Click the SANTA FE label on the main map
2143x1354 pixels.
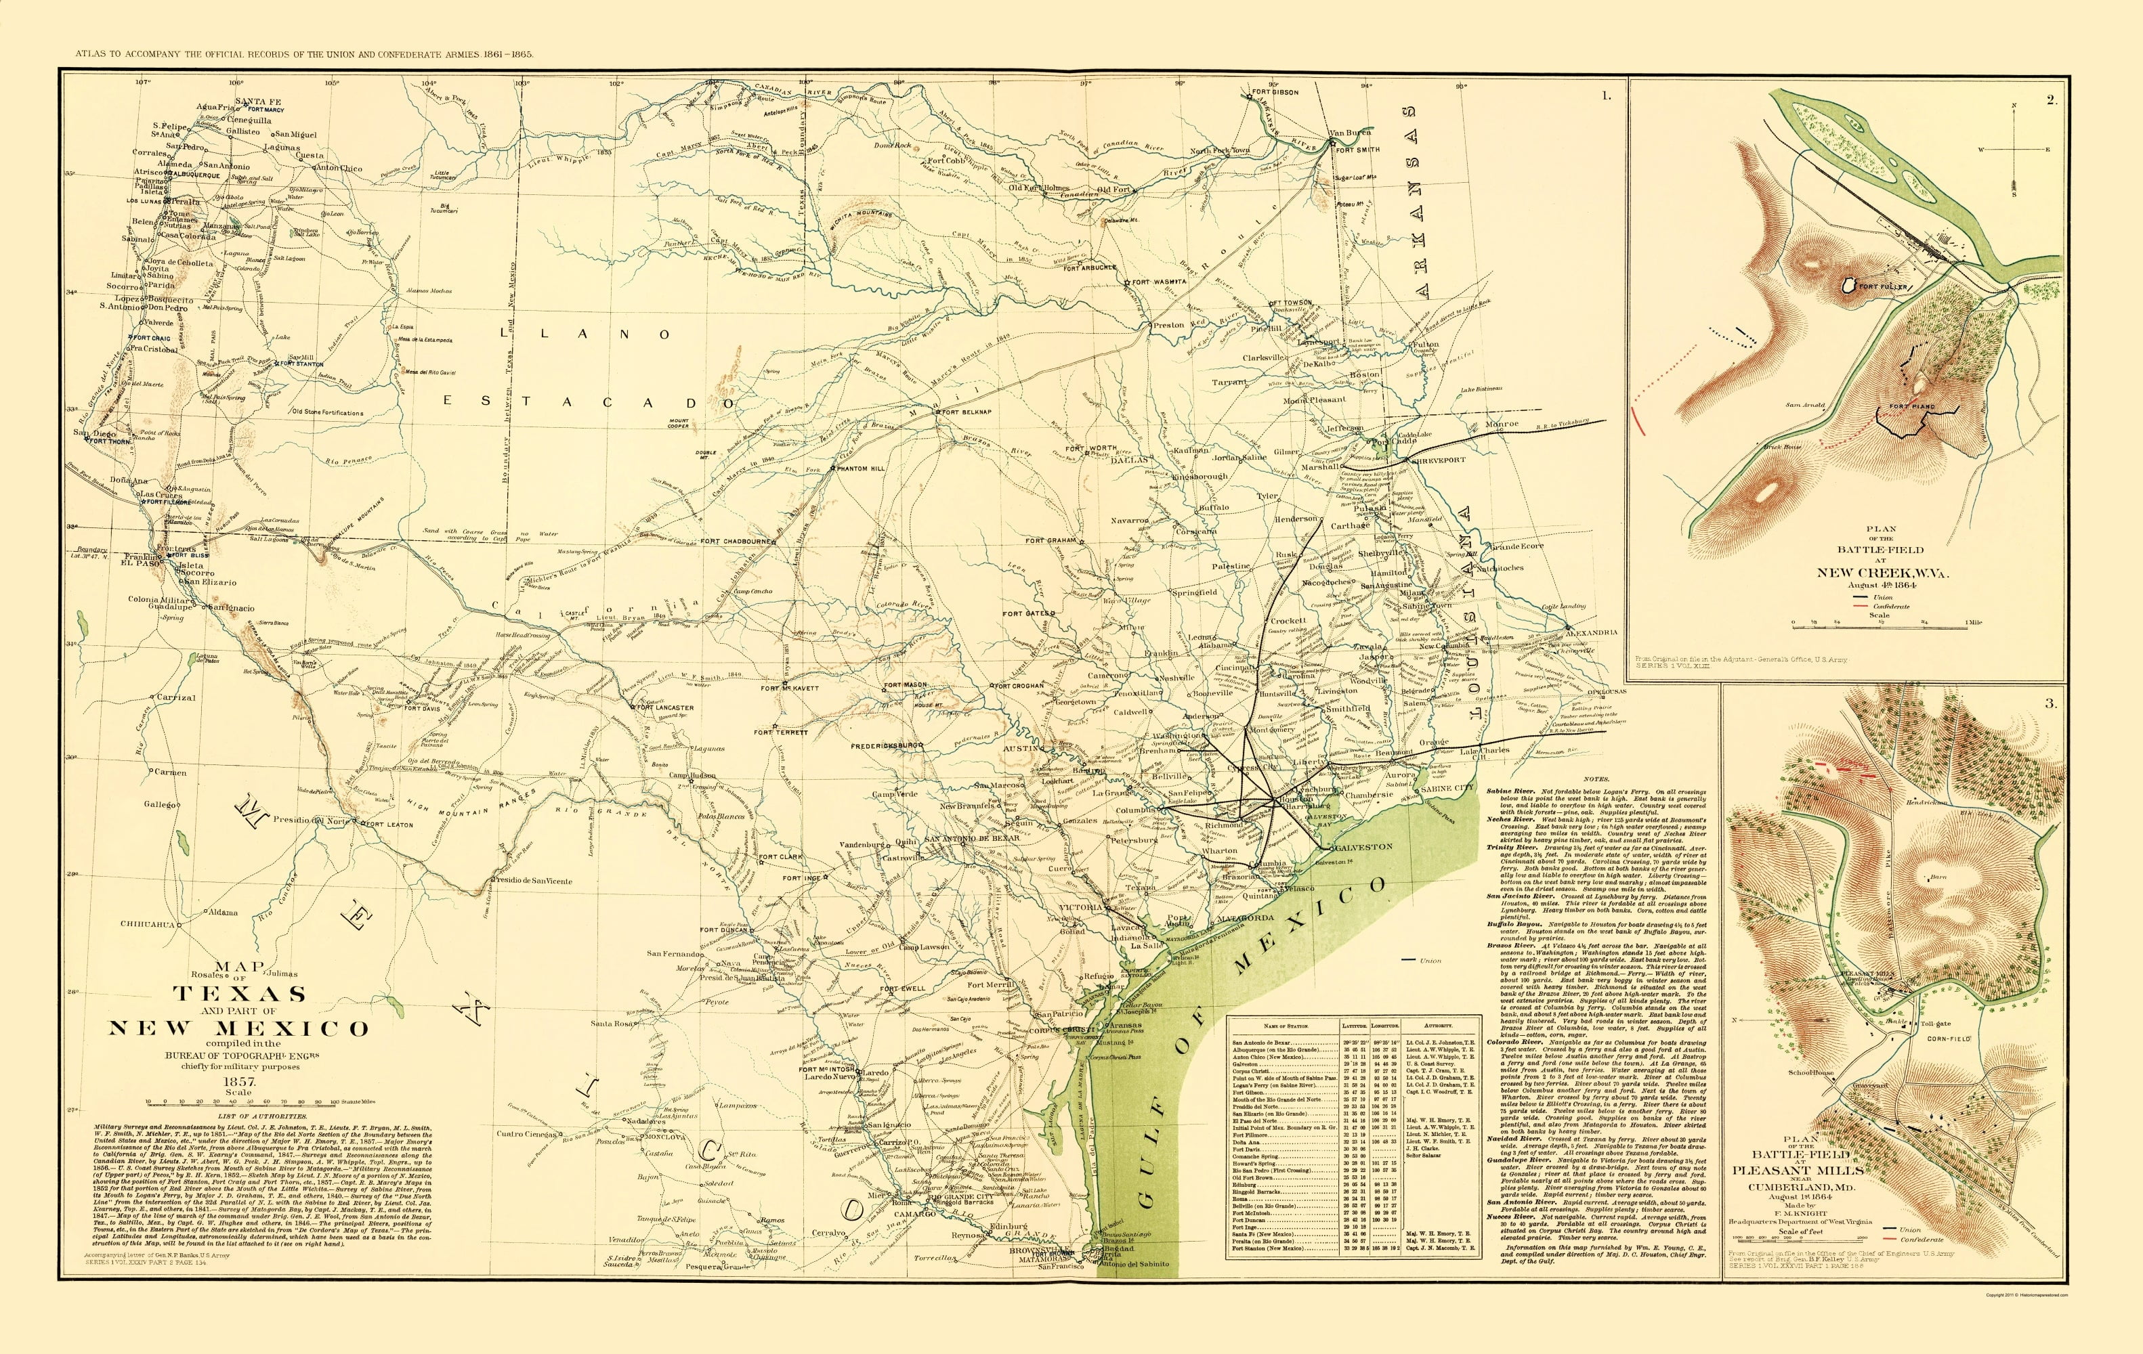pyautogui.click(x=257, y=102)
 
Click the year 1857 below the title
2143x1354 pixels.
pyautogui.click(x=238, y=1082)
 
